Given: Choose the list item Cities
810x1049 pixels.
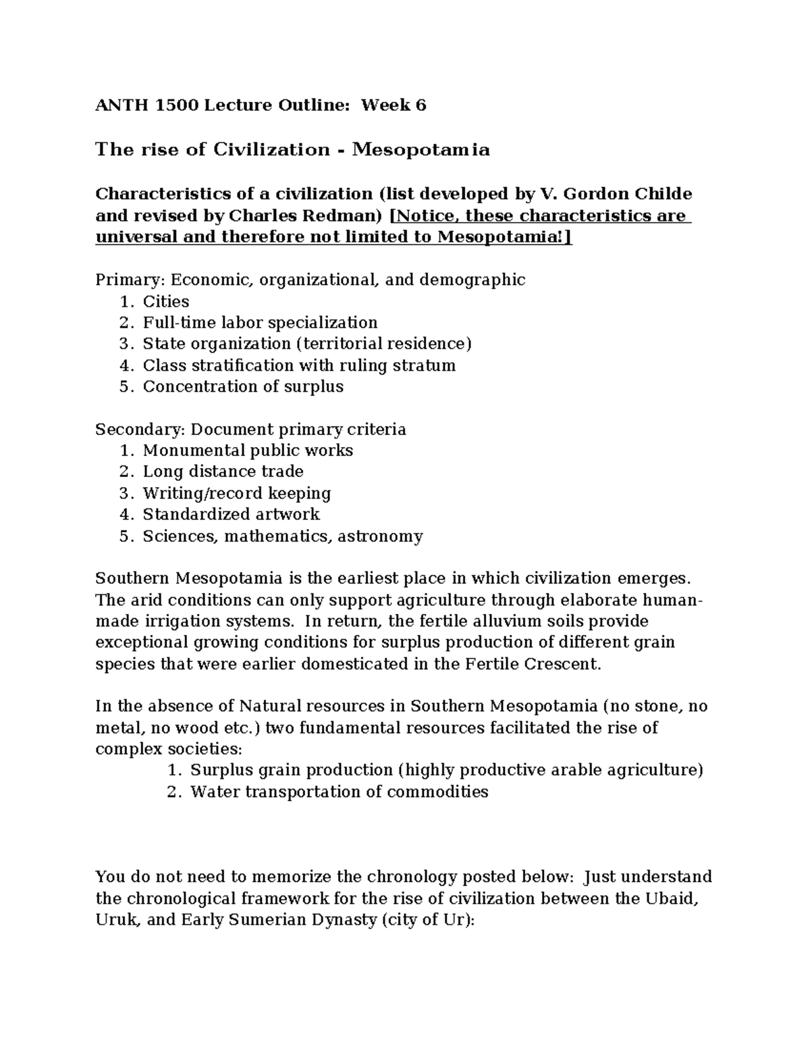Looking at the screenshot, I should click(x=166, y=301).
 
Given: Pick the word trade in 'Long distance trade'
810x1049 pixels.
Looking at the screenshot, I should click(x=281, y=471).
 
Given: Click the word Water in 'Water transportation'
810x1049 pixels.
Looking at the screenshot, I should click(x=213, y=792).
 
